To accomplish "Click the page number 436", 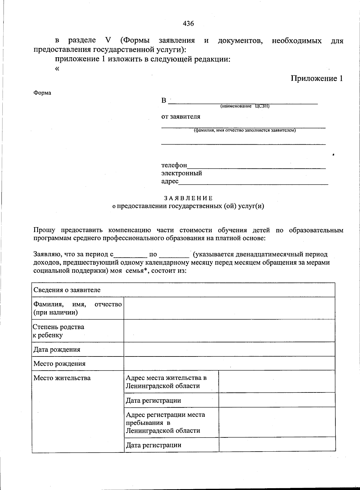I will tap(188, 23).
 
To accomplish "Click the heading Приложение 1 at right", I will tap(316, 79).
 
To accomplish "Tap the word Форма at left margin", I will tap(42, 93).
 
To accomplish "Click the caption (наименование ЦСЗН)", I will tap(245, 106).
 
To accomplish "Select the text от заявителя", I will tap(181, 116).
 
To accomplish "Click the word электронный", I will tap(181, 173).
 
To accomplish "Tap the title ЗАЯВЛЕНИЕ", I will tap(188, 198).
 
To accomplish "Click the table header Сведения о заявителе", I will tap(67, 290).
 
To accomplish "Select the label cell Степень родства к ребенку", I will tap(58, 331).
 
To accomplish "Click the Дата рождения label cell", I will tap(57, 350).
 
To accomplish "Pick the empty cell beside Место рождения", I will tap(229, 363).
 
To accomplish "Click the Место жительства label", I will tap(62, 378).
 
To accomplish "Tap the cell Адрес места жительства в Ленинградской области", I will tap(166, 382).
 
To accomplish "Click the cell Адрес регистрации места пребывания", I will tap(165, 422).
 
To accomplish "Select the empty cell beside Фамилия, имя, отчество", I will tap(229, 308).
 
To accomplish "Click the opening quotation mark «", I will tap(57, 68).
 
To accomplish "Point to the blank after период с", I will tap(130, 255).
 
